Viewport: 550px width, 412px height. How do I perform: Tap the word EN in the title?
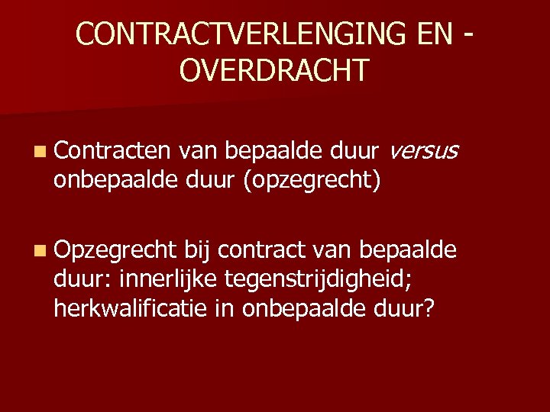point(423,34)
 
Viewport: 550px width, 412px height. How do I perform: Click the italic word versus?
point(423,153)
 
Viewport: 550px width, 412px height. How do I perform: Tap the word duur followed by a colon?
point(82,280)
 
